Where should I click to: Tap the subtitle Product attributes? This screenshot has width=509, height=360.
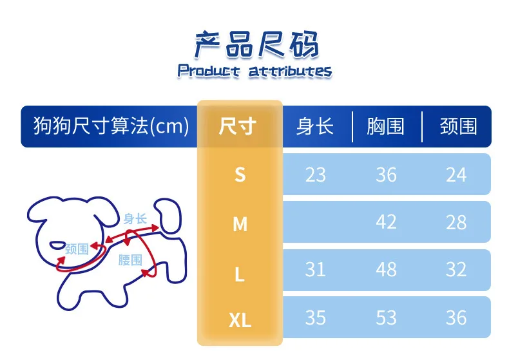pos(254,71)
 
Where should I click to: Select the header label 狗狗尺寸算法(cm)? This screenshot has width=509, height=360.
pos(111,126)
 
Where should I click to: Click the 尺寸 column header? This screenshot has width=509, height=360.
pos(238,126)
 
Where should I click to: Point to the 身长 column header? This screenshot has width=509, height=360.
pos(315,126)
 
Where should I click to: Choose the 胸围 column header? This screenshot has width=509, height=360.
pos(386,126)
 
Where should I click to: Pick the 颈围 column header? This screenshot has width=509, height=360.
pos(458,126)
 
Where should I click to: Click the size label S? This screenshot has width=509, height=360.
pos(240,175)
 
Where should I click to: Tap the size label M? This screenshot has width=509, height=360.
pos(240,223)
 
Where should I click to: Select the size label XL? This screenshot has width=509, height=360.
pos(240,319)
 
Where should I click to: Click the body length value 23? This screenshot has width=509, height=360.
pos(315,175)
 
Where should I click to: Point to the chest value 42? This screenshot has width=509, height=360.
pos(386,222)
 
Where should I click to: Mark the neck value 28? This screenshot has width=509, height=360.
pos(456,222)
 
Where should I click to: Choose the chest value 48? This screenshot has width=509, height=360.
pos(386,269)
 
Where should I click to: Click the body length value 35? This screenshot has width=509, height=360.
pos(315,317)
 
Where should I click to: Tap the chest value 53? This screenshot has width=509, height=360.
pos(386,317)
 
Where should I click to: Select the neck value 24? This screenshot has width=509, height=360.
pos(456,175)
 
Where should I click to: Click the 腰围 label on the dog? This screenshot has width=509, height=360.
pos(130,260)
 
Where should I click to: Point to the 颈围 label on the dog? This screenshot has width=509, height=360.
pos(77,249)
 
